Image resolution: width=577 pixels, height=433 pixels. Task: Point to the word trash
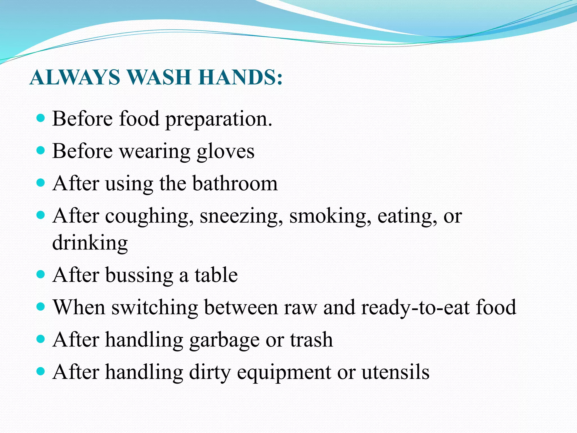point(311,340)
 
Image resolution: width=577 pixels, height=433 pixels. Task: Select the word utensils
point(396,372)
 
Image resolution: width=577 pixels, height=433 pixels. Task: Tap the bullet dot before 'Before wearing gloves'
point(41,150)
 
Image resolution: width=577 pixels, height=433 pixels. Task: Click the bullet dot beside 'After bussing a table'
point(41,274)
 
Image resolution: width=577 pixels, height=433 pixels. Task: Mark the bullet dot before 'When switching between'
point(41,306)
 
